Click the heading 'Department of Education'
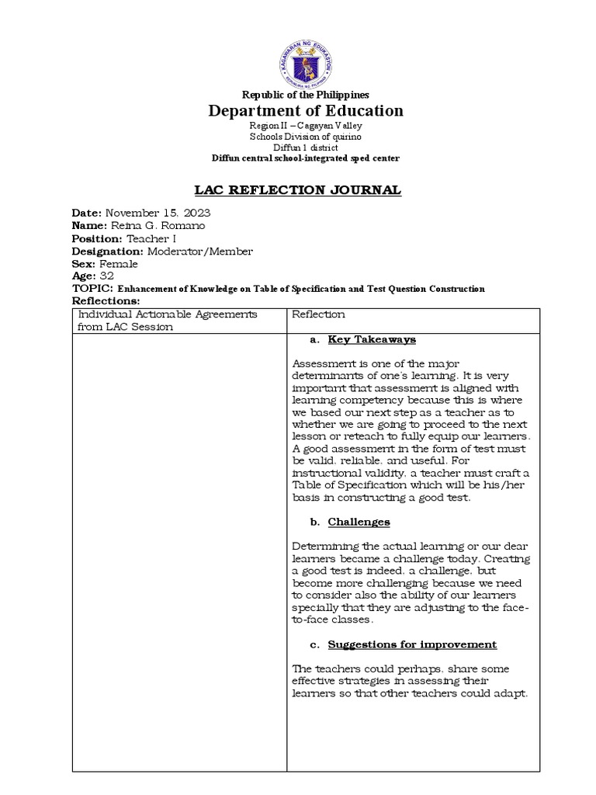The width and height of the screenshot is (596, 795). click(305, 110)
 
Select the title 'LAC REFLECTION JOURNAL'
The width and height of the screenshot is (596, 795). click(297, 189)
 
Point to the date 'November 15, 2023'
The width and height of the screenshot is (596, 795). click(158, 213)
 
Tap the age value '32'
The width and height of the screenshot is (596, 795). click(106, 276)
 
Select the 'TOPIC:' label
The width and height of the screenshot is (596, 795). click(92, 288)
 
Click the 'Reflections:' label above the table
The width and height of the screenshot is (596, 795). click(106, 300)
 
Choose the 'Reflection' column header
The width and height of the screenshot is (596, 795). click(318, 314)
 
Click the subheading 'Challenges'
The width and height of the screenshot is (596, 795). click(359, 522)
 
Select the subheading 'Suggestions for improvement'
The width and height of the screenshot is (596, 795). click(412, 644)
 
